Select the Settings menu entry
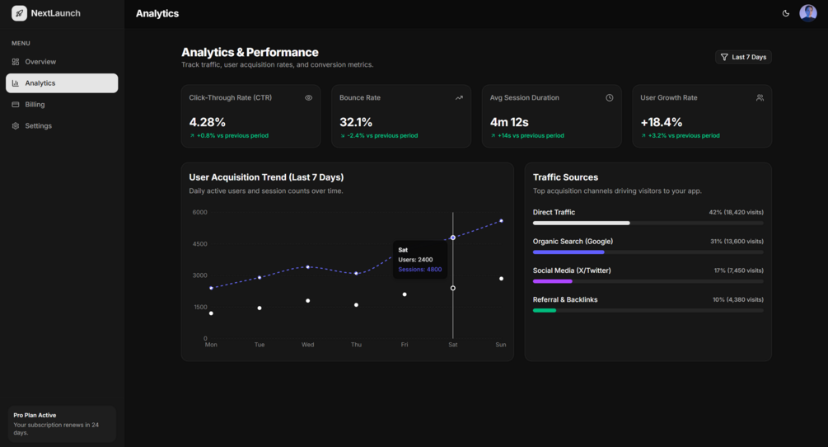click(31, 125)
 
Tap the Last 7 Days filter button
click(743, 57)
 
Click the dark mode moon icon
click(786, 13)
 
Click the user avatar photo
click(808, 13)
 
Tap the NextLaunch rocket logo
click(20, 13)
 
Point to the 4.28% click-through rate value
click(208, 122)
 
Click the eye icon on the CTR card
click(308, 98)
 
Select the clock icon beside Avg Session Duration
click(610, 98)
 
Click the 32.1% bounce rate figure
click(356, 122)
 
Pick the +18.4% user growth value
click(661, 122)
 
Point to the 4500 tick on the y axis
click(199, 244)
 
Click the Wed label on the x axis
click(308, 345)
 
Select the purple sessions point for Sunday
click(501, 221)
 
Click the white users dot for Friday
click(405, 294)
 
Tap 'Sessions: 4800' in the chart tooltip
click(420, 270)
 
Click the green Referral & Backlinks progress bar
click(545, 310)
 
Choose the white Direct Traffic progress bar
click(582, 223)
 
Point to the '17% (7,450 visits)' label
click(739, 271)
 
